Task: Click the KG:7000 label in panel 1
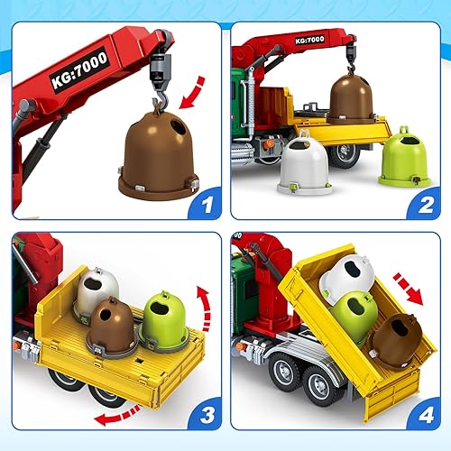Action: pyautogui.click(x=78, y=67)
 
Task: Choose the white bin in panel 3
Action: pyautogui.click(x=97, y=292)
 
